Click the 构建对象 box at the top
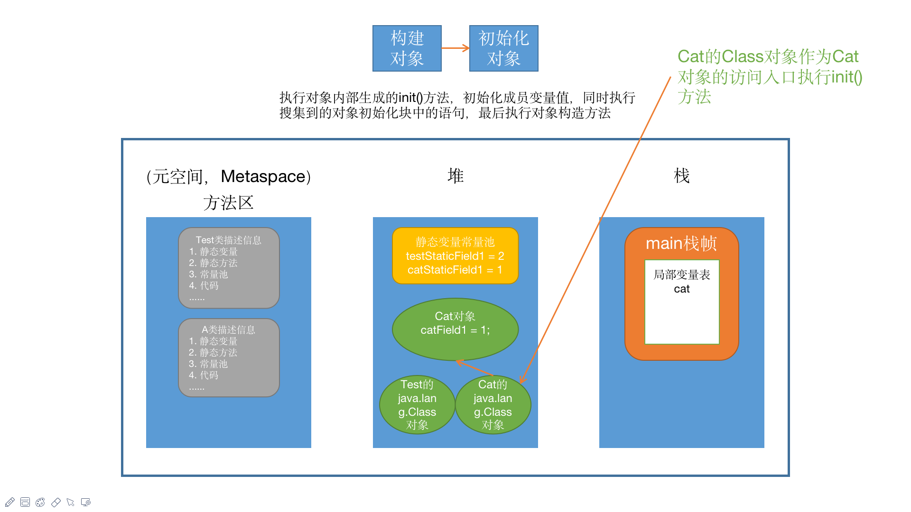pos(407,48)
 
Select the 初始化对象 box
pos(503,48)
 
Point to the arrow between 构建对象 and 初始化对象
pos(455,48)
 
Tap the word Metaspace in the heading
pos(263,176)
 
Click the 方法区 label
pos(228,203)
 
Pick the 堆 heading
pos(455,176)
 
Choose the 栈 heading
pos(681,176)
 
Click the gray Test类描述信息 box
pos(229,268)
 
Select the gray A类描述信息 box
pos(229,357)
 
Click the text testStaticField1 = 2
pos(455,256)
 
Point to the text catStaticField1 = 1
pos(455,270)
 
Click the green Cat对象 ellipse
pos(455,329)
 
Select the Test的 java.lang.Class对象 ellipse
pos(417,404)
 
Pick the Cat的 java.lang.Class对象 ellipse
pos(493,404)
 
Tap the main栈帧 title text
pos(681,243)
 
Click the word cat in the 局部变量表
pos(681,289)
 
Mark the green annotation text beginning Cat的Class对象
pos(769,76)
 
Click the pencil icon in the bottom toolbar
pos(10,502)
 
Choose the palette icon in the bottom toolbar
pos(40,502)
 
